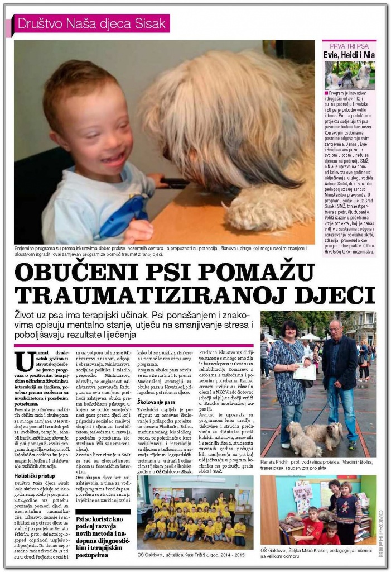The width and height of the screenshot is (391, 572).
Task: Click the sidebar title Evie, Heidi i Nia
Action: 349,55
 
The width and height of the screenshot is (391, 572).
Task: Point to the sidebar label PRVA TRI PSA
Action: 349,45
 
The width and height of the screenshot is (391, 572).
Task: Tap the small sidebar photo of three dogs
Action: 349,76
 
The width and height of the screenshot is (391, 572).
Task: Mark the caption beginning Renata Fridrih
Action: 317,466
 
